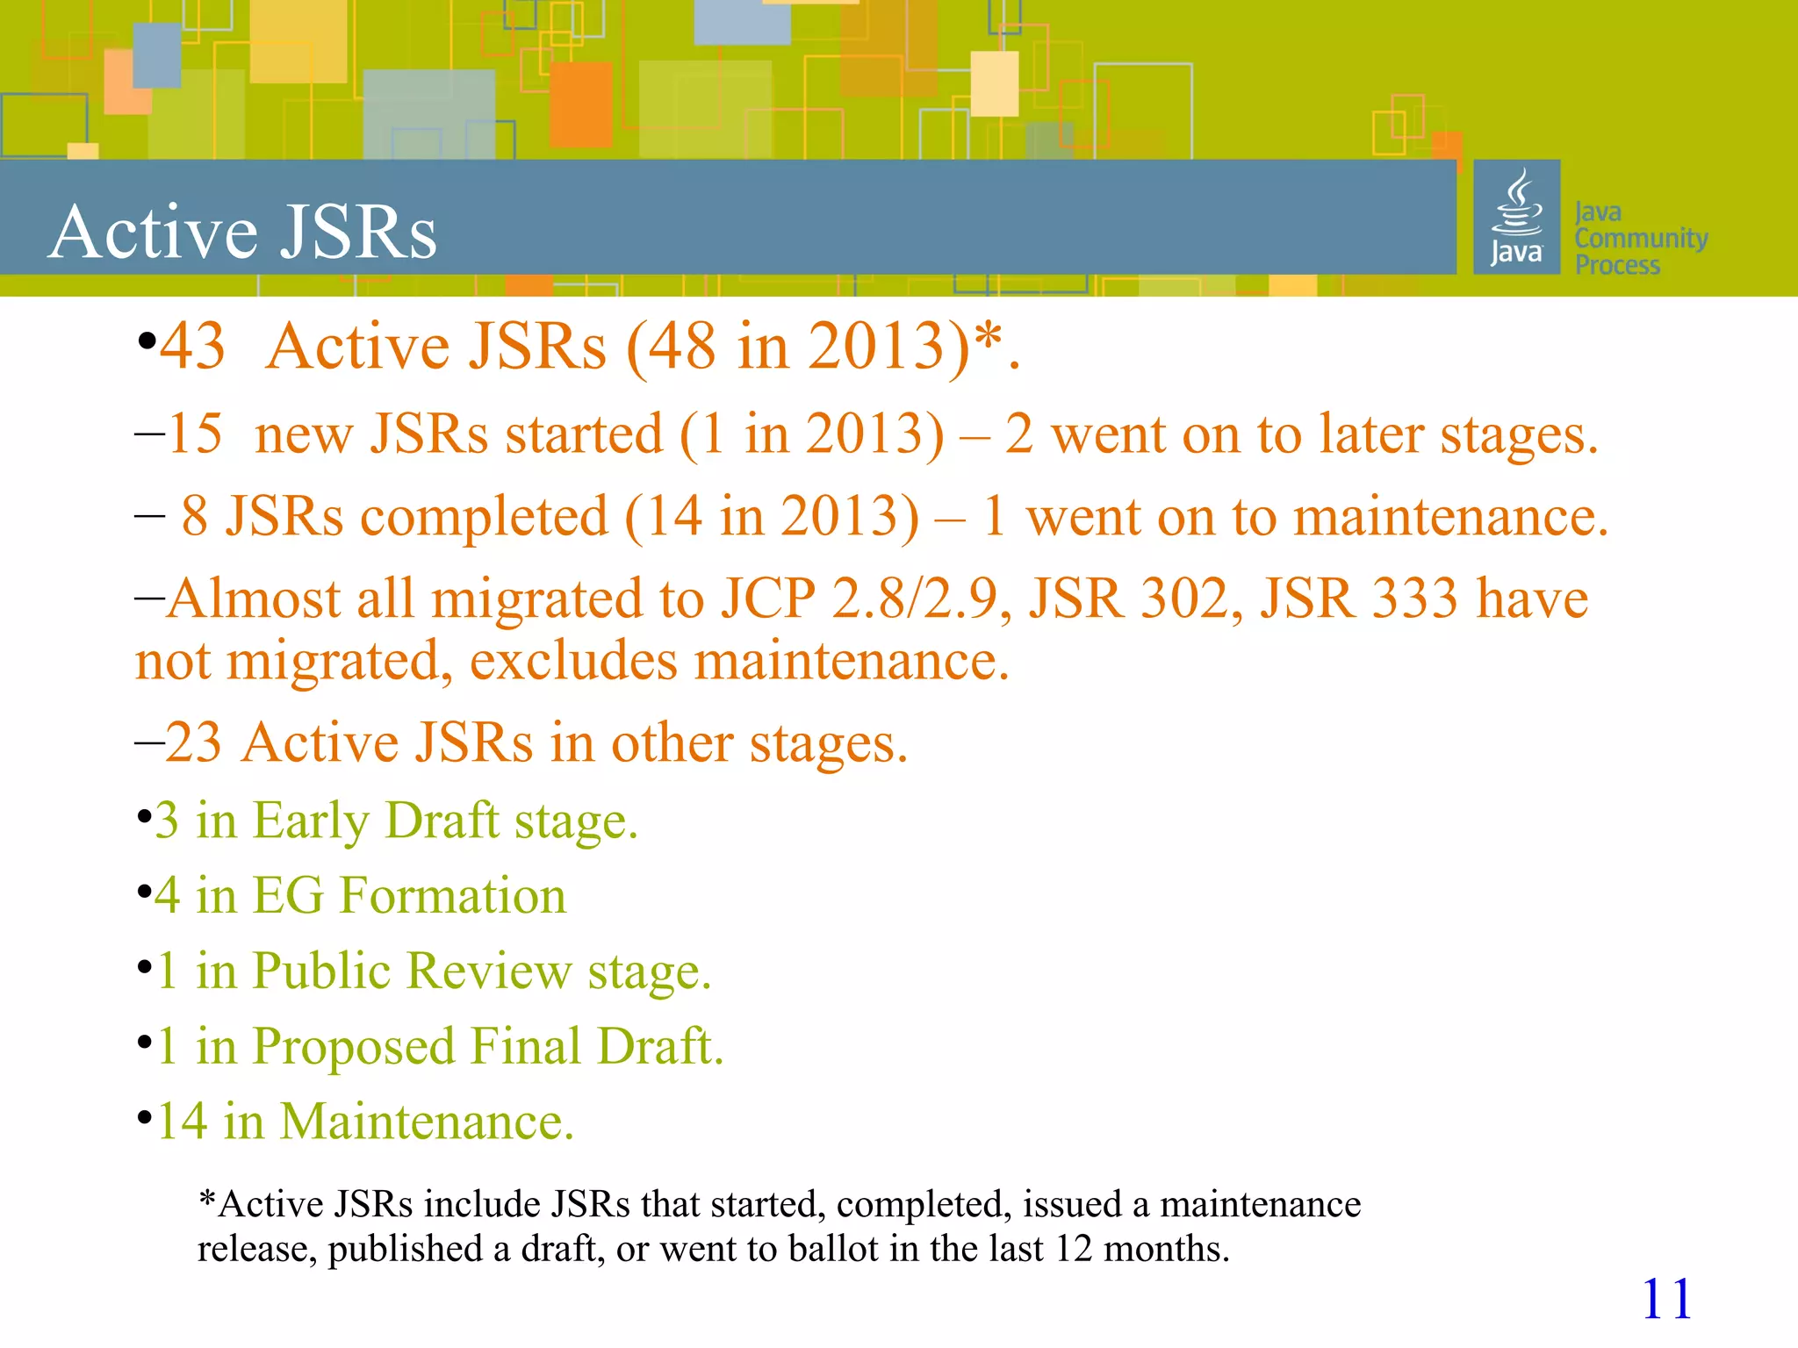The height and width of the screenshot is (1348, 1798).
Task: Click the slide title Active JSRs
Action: coord(242,232)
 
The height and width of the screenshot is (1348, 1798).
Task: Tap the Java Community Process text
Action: coord(1639,238)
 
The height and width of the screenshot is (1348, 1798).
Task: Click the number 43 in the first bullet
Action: coord(192,347)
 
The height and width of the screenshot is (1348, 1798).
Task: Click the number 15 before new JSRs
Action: coord(195,434)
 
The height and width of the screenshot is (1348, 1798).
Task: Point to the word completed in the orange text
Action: coord(484,516)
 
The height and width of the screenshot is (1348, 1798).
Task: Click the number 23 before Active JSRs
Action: coord(193,742)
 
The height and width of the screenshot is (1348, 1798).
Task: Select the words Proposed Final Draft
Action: coord(487,1046)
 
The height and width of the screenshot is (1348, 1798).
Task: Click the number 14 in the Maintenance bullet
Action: coord(182,1122)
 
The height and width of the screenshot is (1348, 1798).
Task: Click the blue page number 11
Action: coord(1665,1299)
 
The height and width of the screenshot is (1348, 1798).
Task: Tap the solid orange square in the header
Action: coord(580,104)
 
